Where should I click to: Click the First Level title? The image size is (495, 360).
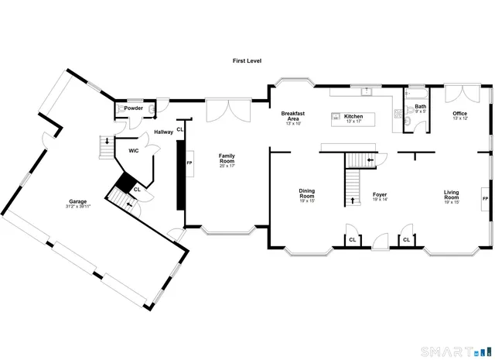(247, 60)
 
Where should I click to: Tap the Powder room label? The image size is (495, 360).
(134, 108)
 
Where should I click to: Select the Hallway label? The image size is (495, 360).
(163, 132)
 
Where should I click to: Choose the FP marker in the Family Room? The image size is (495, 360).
(189, 164)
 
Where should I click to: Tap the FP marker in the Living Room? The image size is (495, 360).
(485, 199)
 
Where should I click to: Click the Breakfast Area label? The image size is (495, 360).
(293, 117)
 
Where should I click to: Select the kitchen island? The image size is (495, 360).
(353, 119)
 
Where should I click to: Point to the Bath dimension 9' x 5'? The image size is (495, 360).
(420, 111)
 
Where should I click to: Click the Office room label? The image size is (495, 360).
(459, 113)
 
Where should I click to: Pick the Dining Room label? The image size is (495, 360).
(307, 194)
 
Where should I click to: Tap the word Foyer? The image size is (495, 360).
(379, 194)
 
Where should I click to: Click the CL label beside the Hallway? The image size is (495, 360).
(179, 129)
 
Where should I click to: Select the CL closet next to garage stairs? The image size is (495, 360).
(136, 189)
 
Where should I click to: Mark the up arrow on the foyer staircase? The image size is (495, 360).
(353, 200)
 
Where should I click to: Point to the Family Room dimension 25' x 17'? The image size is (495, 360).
(227, 165)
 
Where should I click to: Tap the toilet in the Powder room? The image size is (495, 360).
(121, 109)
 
